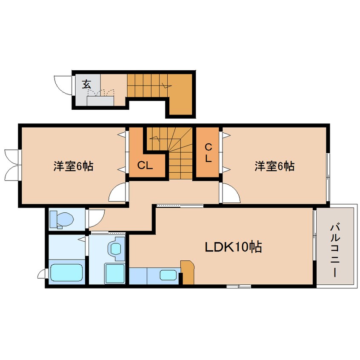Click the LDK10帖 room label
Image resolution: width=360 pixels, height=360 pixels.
(x=234, y=247)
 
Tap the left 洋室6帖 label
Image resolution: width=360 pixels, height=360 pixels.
(x=73, y=166)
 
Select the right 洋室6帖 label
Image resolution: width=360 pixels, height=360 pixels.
(x=274, y=166)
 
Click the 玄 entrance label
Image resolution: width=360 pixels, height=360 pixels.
(x=87, y=84)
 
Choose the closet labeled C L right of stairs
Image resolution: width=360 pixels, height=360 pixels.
(x=208, y=153)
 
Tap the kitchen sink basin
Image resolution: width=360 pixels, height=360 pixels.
(x=168, y=275)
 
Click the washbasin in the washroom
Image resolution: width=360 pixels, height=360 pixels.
(x=116, y=249)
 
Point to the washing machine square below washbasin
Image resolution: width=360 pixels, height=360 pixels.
(x=114, y=273)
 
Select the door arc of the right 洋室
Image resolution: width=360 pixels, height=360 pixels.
(x=230, y=194)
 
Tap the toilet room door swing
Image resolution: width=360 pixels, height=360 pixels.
(x=93, y=217)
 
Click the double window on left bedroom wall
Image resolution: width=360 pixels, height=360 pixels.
(x=11, y=162)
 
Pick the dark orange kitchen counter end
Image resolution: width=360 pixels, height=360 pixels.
(x=187, y=272)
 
